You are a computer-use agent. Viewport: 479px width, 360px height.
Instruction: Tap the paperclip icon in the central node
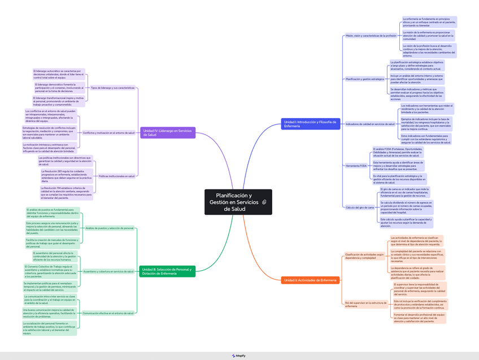click(x=264, y=202)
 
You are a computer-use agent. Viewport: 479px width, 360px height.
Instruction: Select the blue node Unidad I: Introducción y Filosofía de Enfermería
click(x=310, y=124)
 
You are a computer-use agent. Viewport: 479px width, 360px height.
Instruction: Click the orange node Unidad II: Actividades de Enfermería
click(x=310, y=280)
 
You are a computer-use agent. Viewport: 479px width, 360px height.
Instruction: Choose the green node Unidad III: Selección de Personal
click(x=167, y=271)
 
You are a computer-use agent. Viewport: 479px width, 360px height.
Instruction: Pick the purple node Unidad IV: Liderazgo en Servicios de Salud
click(x=167, y=133)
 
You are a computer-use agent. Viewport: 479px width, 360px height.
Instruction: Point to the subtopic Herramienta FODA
click(x=356, y=166)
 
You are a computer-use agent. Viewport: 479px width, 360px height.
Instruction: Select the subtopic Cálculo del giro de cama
click(x=360, y=207)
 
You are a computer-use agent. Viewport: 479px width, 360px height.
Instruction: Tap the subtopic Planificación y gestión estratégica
click(x=364, y=79)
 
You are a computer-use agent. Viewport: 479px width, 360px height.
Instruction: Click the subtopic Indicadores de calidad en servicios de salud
click(x=370, y=124)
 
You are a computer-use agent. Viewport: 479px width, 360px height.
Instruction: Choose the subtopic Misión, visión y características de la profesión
click(x=371, y=36)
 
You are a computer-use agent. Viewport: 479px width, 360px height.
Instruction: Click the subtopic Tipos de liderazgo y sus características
click(x=113, y=88)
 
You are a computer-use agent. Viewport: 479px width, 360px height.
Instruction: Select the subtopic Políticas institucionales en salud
click(x=116, y=176)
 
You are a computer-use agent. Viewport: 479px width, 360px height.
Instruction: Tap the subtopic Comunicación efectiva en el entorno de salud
click(x=108, y=313)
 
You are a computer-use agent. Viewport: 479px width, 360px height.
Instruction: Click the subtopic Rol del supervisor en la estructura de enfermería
click(x=365, y=304)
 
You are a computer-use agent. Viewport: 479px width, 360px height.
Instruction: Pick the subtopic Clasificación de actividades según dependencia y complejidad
click(x=364, y=256)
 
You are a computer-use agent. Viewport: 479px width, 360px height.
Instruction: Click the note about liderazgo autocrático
click(x=59, y=74)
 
